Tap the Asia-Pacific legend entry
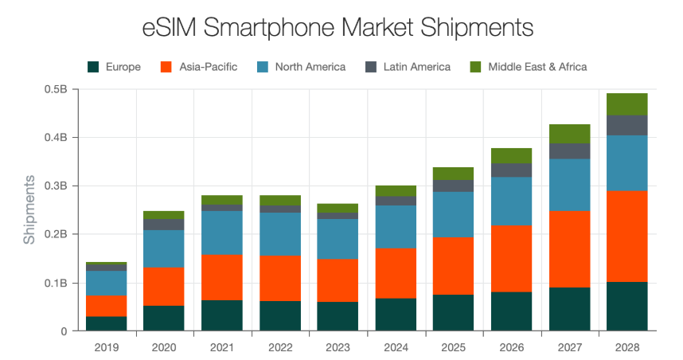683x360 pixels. [199, 67]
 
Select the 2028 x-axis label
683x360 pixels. [626, 346]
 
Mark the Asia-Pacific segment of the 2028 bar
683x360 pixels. [626, 236]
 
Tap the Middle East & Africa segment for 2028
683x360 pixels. [626, 104]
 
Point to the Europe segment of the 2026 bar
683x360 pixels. [510, 311]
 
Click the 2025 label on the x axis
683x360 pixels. [452, 346]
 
